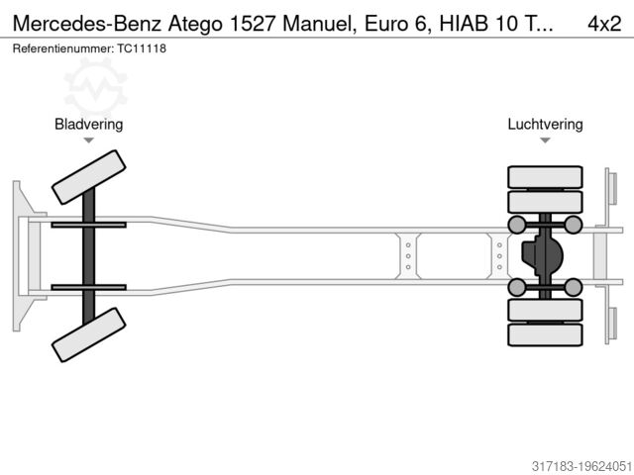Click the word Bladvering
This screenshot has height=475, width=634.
click(88, 125)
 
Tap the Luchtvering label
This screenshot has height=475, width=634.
click(545, 125)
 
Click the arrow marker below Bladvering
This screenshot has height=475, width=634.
click(88, 141)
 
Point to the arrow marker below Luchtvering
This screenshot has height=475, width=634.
click(545, 141)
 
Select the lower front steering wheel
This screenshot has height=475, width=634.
click(88, 334)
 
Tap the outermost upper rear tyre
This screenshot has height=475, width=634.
click(546, 178)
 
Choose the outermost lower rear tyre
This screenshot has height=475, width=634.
click(546, 334)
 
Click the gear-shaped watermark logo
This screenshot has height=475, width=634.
click(95, 86)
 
